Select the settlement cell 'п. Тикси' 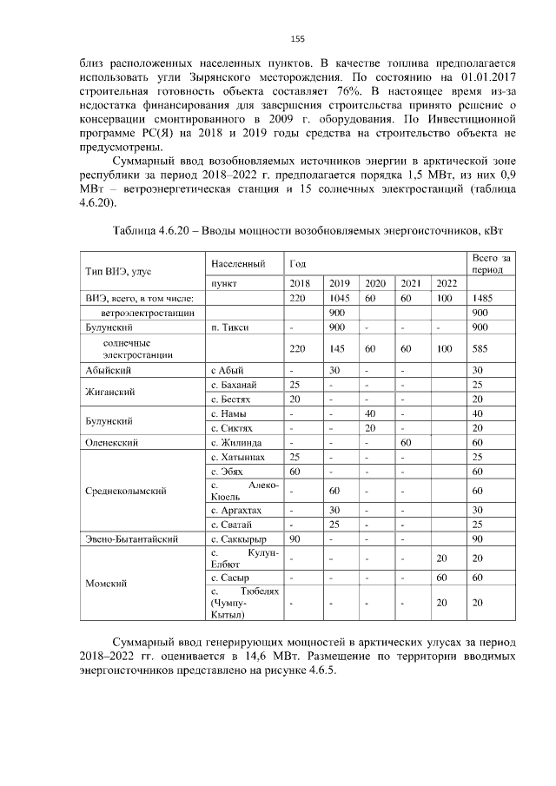click(x=228, y=327)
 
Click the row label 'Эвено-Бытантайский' click(x=131, y=539)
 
